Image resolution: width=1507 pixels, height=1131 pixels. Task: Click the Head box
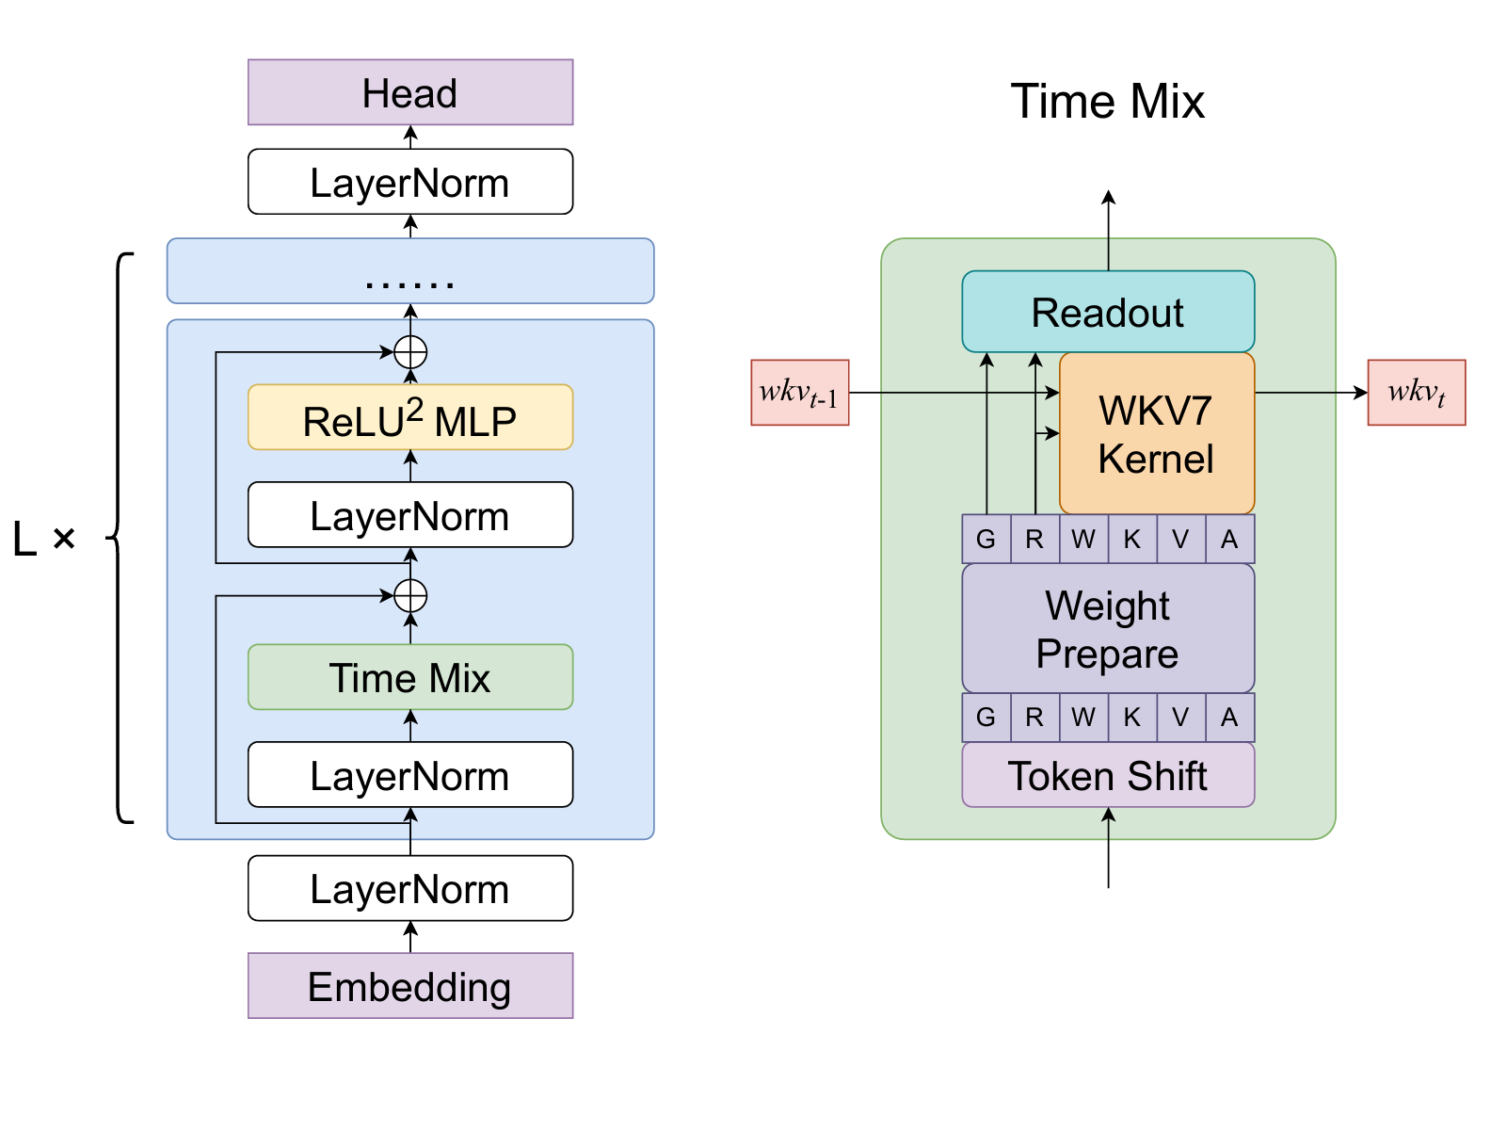click(410, 92)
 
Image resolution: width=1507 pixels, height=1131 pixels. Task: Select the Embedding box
click(410, 986)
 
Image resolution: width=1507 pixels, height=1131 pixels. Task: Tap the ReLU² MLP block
click(410, 417)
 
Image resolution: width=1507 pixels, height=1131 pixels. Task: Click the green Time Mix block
click(410, 677)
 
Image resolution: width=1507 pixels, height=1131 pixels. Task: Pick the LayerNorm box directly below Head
click(410, 182)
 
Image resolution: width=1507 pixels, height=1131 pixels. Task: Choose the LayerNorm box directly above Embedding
click(410, 888)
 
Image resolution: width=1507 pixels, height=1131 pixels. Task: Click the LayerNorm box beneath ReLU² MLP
click(410, 515)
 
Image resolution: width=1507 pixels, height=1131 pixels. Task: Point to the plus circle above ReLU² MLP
click(410, 352)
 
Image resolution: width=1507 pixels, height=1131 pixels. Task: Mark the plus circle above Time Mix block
click(410, 595)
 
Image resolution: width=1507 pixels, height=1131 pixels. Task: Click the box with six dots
click(410, 271)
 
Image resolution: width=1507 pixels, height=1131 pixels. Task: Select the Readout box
click(1108, 312)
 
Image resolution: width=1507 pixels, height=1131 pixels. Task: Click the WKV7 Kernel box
click(1157, 434)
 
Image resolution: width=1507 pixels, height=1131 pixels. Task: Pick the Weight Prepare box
click(1108, 628)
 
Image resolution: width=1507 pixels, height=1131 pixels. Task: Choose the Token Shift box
click(1108, 775)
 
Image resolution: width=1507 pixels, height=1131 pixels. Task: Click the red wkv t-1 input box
click(800, 393)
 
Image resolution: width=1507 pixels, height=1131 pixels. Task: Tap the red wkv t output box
click(1416, 393)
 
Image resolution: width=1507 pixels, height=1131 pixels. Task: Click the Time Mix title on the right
click(1108, 101)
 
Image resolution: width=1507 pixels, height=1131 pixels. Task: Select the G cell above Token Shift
click(986, 718)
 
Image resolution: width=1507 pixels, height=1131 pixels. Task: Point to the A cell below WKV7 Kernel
click(1229, 540)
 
